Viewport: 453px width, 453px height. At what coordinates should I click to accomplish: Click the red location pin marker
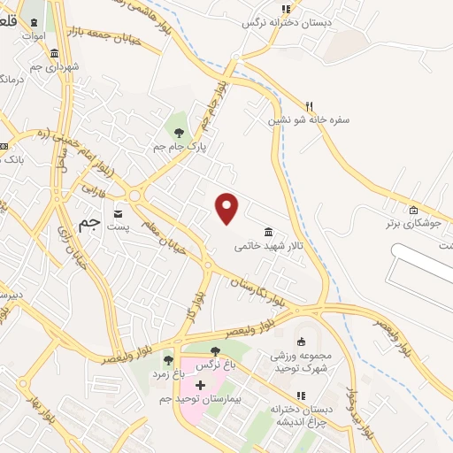(228, 207)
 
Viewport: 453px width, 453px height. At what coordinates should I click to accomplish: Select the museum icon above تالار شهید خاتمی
(268, 232)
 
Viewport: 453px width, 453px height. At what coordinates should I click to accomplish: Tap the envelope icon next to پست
(117, 213)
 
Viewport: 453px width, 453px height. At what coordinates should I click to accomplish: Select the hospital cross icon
(200, 385)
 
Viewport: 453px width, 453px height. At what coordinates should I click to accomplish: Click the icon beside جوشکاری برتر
(413, 210)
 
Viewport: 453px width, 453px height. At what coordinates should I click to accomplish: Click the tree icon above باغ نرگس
(215, 351)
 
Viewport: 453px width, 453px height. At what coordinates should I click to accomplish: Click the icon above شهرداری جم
(56, 53)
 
